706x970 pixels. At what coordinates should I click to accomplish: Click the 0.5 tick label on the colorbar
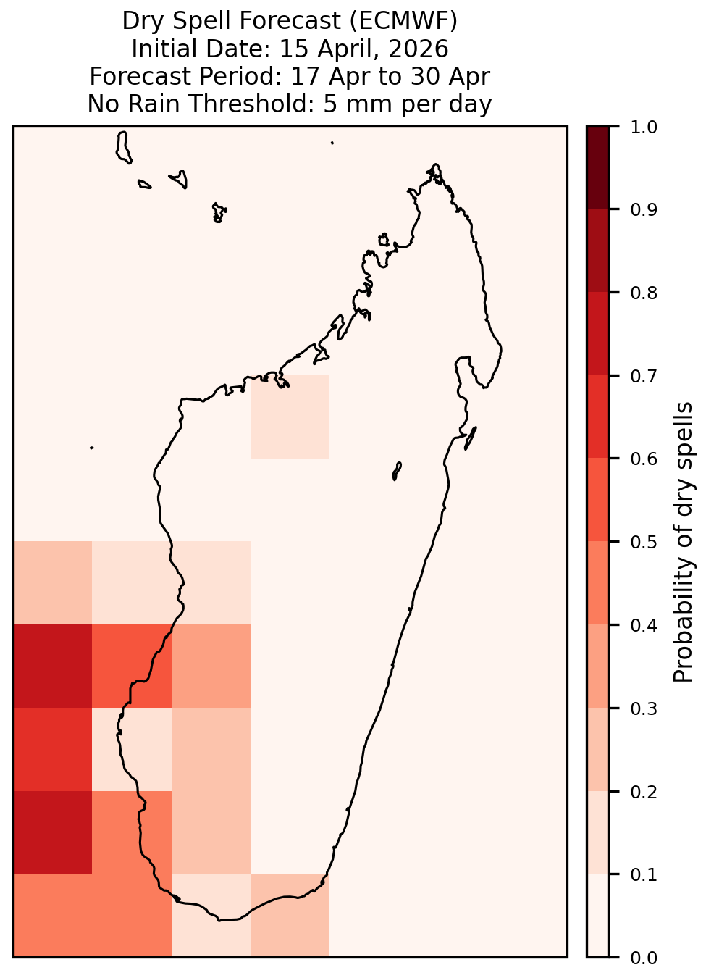pyautogui.click(x=643, y=542)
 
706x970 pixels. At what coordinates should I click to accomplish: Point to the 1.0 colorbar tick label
pyautogui.click(x=643, y=127)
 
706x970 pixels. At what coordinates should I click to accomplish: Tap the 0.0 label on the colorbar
pyautogui.click(x=643, y=958)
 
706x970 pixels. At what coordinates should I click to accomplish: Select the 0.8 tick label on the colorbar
pyautogui.click(x=643, y=293)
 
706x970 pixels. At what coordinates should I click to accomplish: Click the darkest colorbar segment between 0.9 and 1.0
pyautogui.click(x=598, y=167)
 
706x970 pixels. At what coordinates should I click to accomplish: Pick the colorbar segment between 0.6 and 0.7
pyautogui.click(x=598, y=417)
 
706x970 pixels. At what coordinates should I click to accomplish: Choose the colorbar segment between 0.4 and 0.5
pyautogui.click(x=598, y=583)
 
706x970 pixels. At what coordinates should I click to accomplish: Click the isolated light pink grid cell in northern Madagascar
pyautogui.click(x=290, y=417)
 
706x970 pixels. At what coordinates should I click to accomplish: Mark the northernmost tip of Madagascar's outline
pyautogui.click(x=435, y=164)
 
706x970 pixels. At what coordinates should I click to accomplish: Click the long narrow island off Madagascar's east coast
pyautogui.click(x=471, y=438)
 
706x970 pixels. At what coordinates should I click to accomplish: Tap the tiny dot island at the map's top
pyautogui.click(x=332, y=143)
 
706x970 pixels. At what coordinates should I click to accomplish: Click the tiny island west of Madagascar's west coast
pyautogui.click(x=91, y=448)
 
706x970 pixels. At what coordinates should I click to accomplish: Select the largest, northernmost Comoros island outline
pyautogui.click(x=123, y=148)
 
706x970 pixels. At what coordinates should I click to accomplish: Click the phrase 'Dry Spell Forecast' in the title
pyautogui.click(x=232, y=21)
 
